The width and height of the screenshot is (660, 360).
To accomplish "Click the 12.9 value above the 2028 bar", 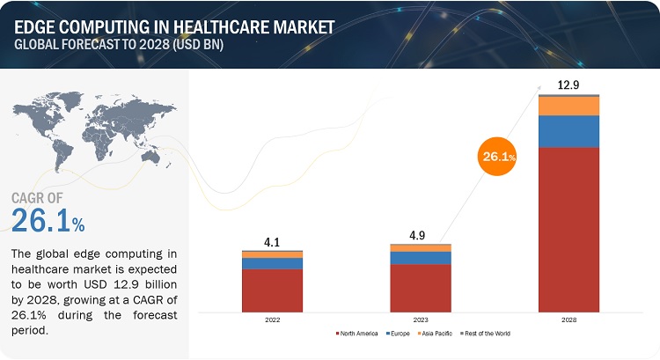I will tap(568, 84).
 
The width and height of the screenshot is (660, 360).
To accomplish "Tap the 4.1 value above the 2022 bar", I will tap(272, 239).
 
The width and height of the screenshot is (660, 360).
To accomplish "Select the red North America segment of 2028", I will tap(568, 229).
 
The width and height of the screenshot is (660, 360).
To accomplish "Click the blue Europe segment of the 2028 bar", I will tap(568, 131).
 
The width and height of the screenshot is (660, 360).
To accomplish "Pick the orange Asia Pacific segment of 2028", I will tap(568, 106).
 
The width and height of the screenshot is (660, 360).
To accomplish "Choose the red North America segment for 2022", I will tap(272, 290).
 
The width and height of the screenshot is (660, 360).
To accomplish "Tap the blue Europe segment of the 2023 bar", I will tap(421, 258).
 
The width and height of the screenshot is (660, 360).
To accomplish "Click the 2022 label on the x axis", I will tap(272, 320).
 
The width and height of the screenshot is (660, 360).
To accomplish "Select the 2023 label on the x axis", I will tap(421, 320).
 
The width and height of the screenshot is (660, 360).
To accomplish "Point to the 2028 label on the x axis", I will tap(568, 320).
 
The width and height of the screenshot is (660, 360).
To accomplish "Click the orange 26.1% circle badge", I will tap(496, 156).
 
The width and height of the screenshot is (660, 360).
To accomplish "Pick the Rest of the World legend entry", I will tap(488, 334).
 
